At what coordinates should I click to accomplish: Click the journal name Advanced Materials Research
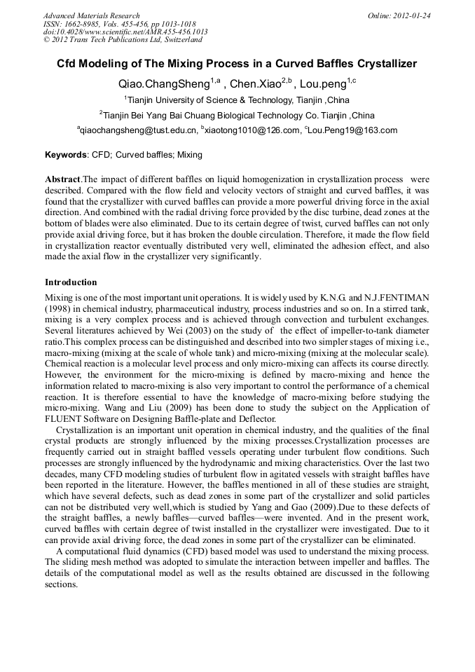point(91,15)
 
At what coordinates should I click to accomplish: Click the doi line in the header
point(125,32)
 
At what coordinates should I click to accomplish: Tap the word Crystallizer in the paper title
point(384,64)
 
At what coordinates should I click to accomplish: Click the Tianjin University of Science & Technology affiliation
point(237,100)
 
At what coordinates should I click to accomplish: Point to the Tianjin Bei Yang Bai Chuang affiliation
point(237,115)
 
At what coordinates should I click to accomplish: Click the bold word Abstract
point(63,179)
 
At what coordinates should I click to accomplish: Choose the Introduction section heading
point(71,282)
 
